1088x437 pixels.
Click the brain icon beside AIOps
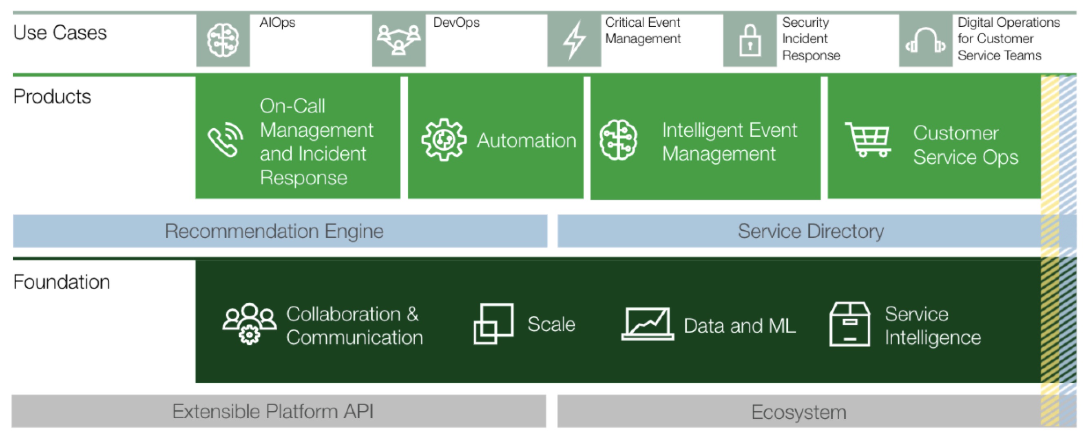[x=223, y=40]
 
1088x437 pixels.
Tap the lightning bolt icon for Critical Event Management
[x=575, y=40]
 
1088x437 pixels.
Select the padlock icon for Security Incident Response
[x=750, y=40]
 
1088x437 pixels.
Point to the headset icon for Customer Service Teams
[x=925, y=40]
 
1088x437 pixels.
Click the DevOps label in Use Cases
[x=456, y=22]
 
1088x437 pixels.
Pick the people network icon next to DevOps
[x=398, y=40]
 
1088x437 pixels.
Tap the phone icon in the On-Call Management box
[x=225, y=139]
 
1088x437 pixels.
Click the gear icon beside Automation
[x=444, y=139]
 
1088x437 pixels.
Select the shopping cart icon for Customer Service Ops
[x=868, y=139]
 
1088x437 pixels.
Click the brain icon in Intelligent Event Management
[x=618, y=139]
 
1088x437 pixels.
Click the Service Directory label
[x=811, y=231]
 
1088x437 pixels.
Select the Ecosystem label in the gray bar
[x=799, y=412]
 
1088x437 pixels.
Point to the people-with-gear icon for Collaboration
[x=249, y=324]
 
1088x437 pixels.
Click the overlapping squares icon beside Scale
[x=493, y=324]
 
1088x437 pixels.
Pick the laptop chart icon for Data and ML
[x=648, y=324]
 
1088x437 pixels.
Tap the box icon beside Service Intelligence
[x=850, y=324]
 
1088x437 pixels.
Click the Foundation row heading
[x=62, y=282]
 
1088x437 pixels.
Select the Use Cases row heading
[x=60, y=33]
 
